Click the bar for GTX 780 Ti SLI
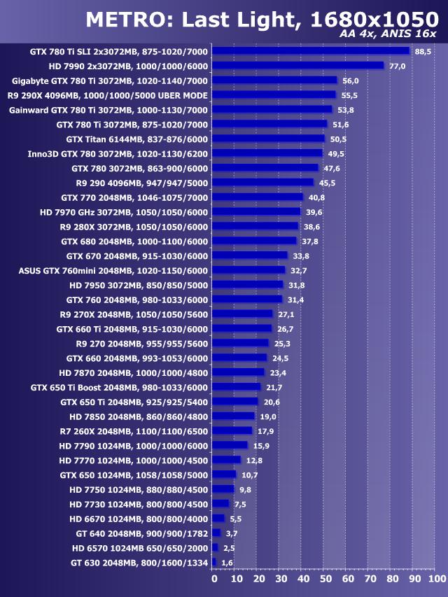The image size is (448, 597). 310,51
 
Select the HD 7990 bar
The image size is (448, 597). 297,66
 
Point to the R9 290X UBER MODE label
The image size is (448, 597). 107,95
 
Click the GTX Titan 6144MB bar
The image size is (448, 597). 268,139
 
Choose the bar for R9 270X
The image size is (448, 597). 241,314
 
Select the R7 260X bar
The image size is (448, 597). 232,431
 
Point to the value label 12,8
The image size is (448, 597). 254,461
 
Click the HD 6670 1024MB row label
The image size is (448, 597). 139,519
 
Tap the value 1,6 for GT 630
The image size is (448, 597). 227,563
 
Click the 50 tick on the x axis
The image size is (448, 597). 327,580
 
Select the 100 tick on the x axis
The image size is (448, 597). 436,580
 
